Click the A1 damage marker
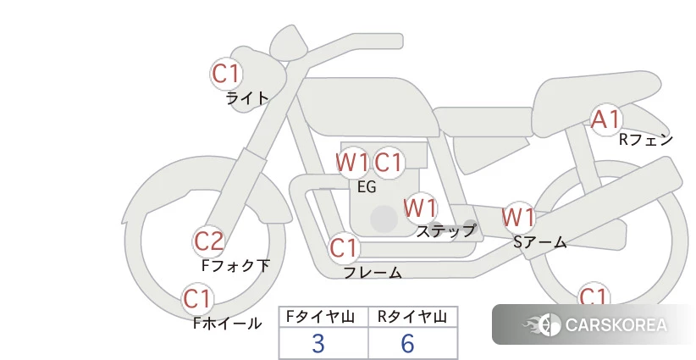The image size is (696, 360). pyautogui.click(x=606, y=119)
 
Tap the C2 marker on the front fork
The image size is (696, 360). pyautogui.click(x=209, y=241)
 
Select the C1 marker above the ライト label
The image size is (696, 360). pyautogui.click(x=226, y=73)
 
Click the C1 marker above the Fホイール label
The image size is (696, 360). pyautogui.click(x=197, y=299)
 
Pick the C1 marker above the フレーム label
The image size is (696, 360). pyautogui.click(x=344, y=247)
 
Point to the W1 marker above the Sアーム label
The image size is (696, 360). pyautogui.click(x=518, y=218)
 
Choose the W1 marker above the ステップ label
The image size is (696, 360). pyautogui.click(x=420, y=208)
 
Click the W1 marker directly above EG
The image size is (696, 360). pyautogui.click(x=352, y=163)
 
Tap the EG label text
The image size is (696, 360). pyautogui.click(x=367, y=187)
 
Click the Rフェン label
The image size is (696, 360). pyautogui.click(x=646, y=140)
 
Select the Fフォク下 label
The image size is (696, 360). pyautogui.click(x=235, y=266)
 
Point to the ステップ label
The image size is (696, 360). pyautogui.click(x=445, y=231)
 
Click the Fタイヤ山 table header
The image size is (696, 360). pyautogui.click(x=320, y=317)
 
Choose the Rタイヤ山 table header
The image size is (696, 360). pyautogui.click(x=412, y=317)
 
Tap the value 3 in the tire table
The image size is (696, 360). pyautogui.click(x=318, y=343)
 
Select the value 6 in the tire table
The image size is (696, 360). pyautogui.click(x=407, y=343)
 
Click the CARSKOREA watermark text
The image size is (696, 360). pyautogui.click(x=616, y=325)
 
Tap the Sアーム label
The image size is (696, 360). pyautogui.click(x=539, y=242)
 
